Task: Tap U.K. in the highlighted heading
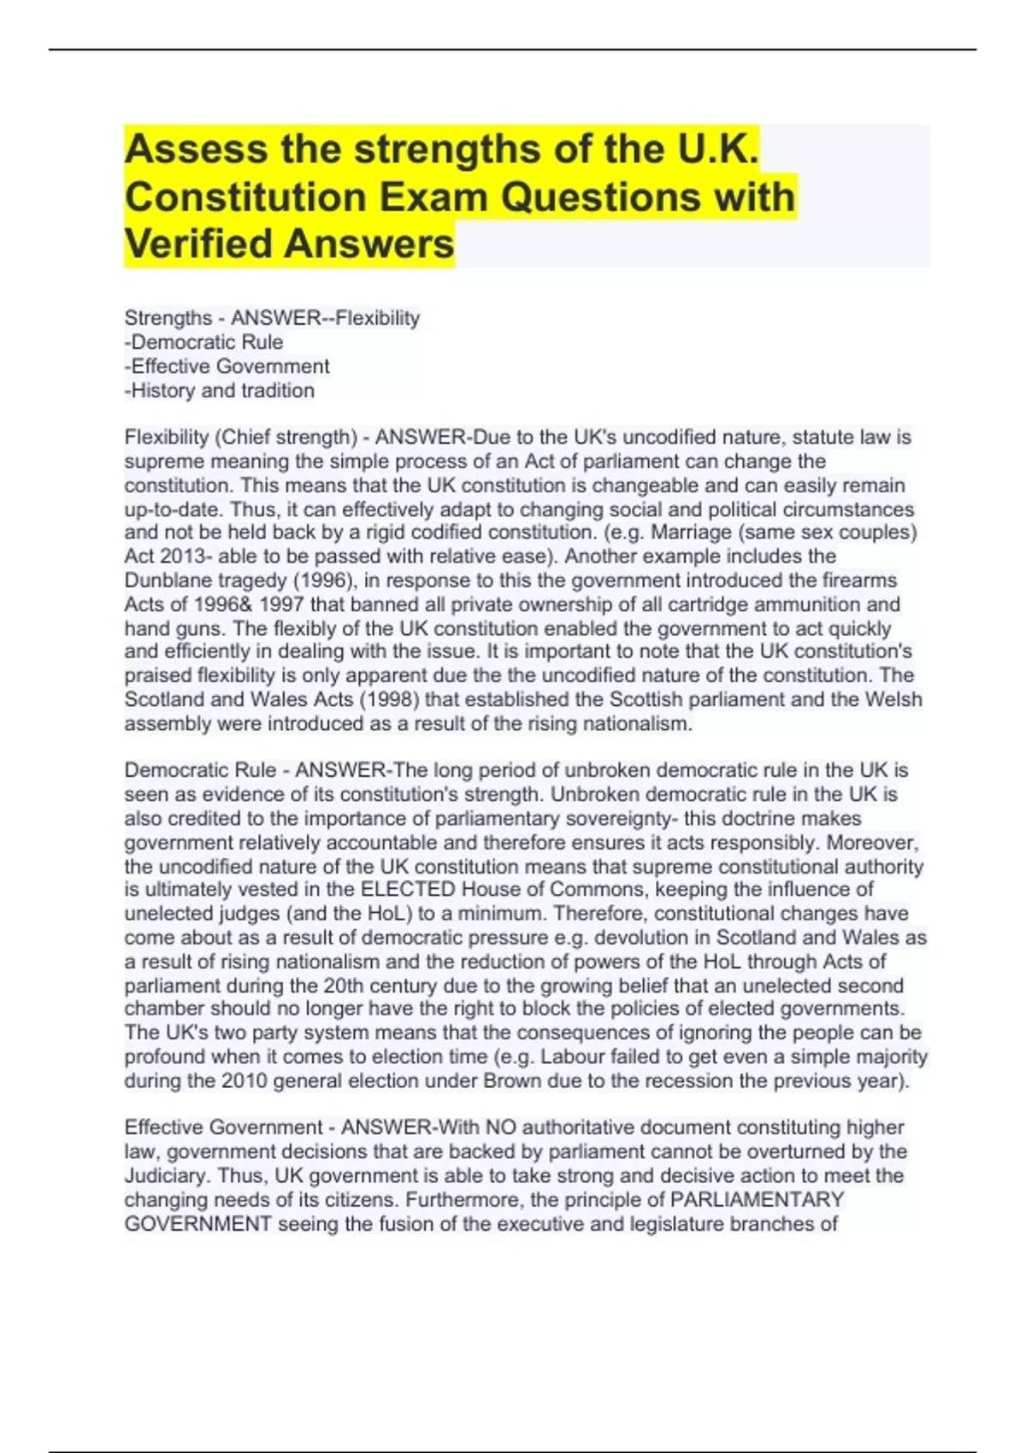[x=717, y=150]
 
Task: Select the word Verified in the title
[x=198, y=244]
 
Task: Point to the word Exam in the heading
[x=434, y=197]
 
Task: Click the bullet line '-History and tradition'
[x=220, y=391]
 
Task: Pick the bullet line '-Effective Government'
[x=227, y=367]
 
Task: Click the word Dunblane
[x=162, y=580]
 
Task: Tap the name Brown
[x=512, y=1080]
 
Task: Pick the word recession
[x=689, y=1080]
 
